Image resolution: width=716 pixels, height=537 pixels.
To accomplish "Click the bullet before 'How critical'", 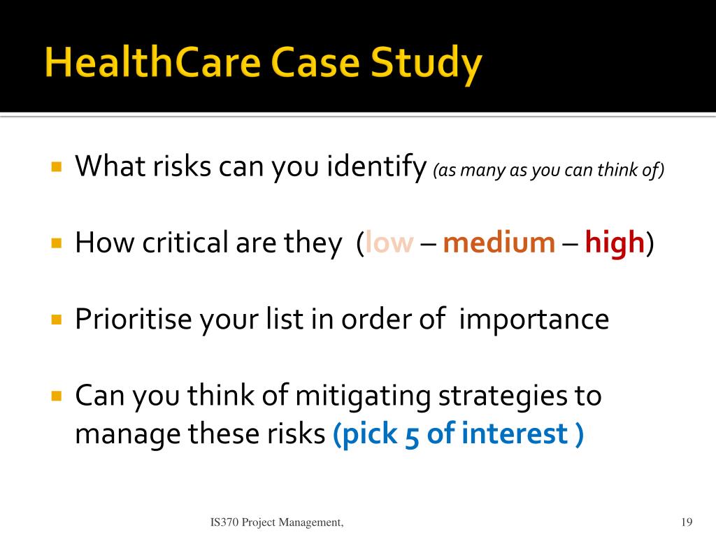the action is (57, 243).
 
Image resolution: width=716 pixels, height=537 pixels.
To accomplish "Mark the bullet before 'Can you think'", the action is (57, 395).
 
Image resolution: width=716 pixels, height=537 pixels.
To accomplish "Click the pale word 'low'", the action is (389, 242).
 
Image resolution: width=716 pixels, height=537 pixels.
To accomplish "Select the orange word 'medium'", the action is (499, 242).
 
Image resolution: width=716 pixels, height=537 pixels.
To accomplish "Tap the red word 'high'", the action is (615, 243).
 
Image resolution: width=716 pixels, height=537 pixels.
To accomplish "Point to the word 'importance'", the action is (534, 320).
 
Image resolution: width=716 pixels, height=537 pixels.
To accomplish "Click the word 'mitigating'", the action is (363, 397).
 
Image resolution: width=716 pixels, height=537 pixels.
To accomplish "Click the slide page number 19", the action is (687, 522).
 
